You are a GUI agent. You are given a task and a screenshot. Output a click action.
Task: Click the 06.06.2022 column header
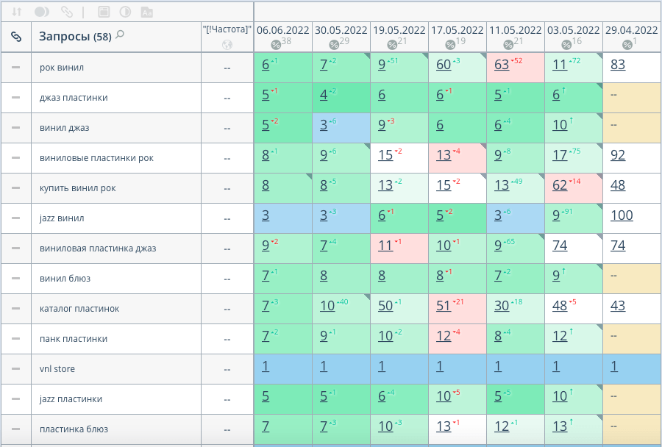point(283,30)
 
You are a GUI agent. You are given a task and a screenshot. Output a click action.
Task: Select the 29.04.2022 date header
point(631,30)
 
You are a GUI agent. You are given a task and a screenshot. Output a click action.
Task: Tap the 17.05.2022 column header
point(457,30)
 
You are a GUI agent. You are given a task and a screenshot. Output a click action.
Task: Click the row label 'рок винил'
point(62,68)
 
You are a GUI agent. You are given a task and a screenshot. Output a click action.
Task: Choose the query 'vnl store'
point(57,369)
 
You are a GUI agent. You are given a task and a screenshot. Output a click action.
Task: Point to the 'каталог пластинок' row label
point(79,309)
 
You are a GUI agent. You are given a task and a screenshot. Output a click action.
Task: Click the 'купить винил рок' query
point(78,188)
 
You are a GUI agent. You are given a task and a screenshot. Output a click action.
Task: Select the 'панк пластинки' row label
point(74,339)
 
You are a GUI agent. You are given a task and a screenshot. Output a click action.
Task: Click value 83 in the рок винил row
point(618,65)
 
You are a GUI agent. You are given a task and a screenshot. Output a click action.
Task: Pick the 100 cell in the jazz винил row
point(622,216)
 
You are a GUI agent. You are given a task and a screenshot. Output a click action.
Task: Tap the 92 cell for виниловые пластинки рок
point(618,155)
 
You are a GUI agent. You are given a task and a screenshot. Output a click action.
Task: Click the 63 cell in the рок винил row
point(502,65)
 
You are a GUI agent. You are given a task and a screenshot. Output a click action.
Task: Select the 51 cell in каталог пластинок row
point(444,306)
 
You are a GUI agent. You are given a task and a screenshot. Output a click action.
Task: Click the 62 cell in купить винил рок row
point(560,185)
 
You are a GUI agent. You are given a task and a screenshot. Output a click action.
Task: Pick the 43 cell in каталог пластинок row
point(618,306)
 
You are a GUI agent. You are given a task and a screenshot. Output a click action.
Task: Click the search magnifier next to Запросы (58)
point(120,34)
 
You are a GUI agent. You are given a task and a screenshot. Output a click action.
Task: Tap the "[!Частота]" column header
point(227,29)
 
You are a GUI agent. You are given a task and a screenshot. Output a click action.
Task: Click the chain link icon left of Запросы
point(15,36)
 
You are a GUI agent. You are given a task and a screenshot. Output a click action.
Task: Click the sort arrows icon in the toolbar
point(16,12)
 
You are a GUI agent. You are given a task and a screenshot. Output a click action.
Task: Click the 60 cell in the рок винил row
point(444,65)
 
